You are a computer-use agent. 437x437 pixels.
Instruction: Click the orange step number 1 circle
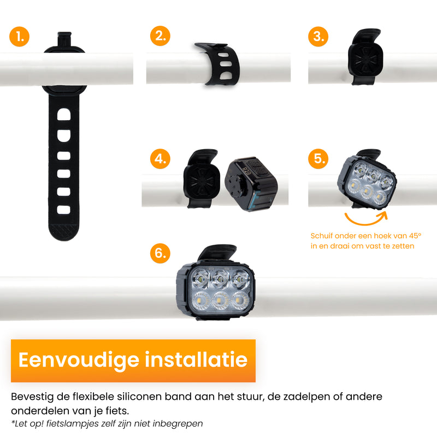(20, 37)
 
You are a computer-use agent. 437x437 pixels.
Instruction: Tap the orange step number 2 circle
(160, 36)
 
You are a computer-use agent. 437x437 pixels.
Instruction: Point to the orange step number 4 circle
(160, 160)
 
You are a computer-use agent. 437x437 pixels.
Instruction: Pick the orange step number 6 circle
(160, 253)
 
